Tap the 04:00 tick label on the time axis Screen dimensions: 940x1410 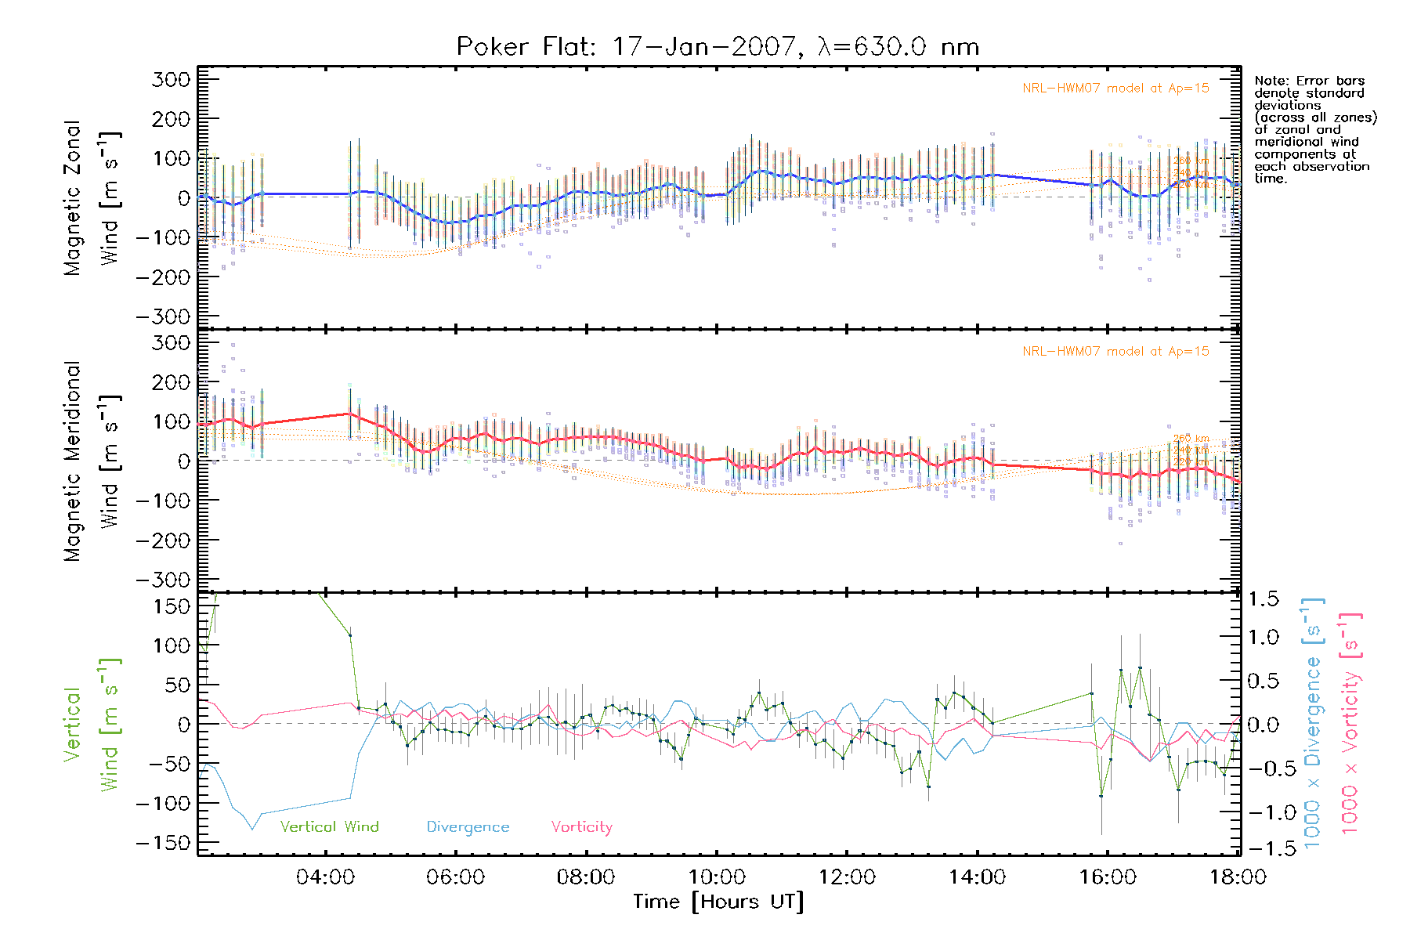pos(325,877)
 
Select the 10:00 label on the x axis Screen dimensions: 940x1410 pos(716,877)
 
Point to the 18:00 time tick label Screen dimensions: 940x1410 pos(1238,877)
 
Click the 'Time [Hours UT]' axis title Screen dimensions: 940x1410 pos(718,902)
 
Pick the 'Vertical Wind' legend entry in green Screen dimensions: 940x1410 pos(329,827)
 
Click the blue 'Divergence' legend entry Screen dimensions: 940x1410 pos(468,827)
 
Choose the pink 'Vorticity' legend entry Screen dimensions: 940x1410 pos(581,827)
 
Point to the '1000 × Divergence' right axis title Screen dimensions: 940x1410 pos(1312,722)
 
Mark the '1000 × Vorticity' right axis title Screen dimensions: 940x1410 pos(1350,722)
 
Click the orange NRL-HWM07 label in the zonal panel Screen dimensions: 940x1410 pos(1115,89)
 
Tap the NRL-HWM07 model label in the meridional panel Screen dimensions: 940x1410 pos(1115,352)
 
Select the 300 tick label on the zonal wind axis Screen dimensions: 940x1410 pos(172,79)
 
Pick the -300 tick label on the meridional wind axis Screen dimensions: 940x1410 pos(163,580)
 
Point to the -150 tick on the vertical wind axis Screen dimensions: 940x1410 pos(163,844)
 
